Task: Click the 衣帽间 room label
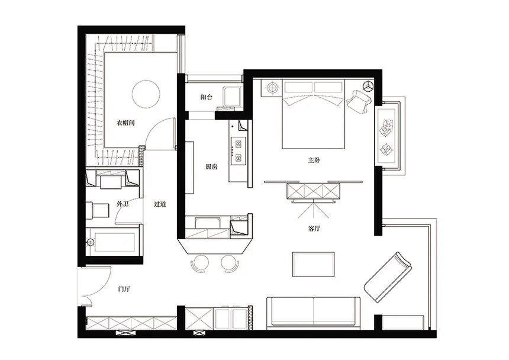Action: coord(125,123)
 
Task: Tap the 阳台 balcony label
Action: coord(206,97)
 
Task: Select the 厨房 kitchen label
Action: coord(211,167)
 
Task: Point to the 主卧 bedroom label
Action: coord(314,160)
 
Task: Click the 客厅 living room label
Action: coord(314,229)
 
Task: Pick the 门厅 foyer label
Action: coord(124,288)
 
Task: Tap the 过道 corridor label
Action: coord(160,204)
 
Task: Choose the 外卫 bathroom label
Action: coord(123,204)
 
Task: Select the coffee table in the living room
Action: coord(314,264)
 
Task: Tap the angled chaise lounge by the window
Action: coord(388,277)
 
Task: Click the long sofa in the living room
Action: coord(313,311)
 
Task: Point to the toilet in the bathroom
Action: coord(98,210)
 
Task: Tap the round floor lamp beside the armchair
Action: coord(368,85)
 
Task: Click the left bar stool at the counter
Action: coord(199,263)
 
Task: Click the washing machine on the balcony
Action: coord(232,97)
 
